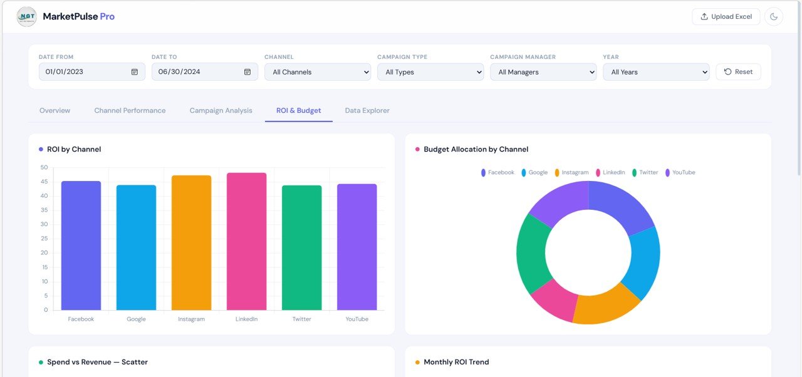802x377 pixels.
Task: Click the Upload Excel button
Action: click(726, 17)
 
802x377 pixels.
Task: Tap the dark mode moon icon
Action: click(774, 17)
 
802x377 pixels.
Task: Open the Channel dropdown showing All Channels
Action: click(318, 72)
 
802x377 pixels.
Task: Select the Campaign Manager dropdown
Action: click(543, 72)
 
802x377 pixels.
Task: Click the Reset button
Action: click(738, 72)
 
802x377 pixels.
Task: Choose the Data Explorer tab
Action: click(367, 111)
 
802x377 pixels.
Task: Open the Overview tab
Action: click(55, 111)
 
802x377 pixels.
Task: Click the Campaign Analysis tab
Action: click(221, 111)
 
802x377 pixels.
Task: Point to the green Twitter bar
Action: click(301, 247)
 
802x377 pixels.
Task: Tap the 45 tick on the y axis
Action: click(44, 182)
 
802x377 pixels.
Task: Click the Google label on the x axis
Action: click(136, 319)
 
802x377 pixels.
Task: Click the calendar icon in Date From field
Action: click(135, 72)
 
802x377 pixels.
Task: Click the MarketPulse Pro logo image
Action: click(27, 17)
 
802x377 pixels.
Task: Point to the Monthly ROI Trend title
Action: click(456, 362)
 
